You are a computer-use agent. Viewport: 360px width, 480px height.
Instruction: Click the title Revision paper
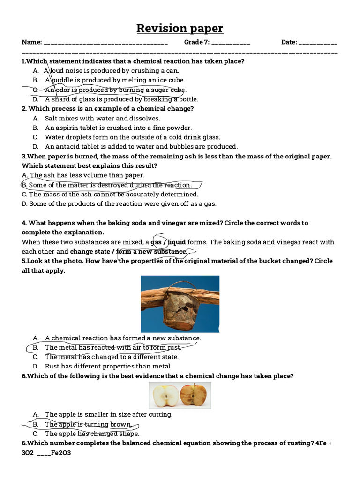click(180, 29)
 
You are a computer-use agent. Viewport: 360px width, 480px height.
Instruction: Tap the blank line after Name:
click(105, 43)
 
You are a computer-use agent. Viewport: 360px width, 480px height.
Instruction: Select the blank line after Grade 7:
click(231, 43)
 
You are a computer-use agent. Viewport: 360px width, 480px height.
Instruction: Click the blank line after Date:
click(317, 43)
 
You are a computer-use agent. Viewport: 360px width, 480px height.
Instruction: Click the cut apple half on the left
click(165, 395)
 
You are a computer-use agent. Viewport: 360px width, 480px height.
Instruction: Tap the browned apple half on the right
click(193, 395)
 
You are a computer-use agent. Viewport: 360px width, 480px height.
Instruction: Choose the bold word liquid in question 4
click(177, 242)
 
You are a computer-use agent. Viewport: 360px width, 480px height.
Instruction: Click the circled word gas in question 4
click(156, 242)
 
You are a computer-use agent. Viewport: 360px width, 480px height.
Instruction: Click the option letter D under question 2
click(35, 146)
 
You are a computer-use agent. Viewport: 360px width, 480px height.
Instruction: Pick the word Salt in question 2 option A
click(52, 118)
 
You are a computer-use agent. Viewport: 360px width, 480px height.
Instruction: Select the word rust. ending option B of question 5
click(172, 347)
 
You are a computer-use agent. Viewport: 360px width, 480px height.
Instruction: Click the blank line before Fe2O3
click(43, 453)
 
